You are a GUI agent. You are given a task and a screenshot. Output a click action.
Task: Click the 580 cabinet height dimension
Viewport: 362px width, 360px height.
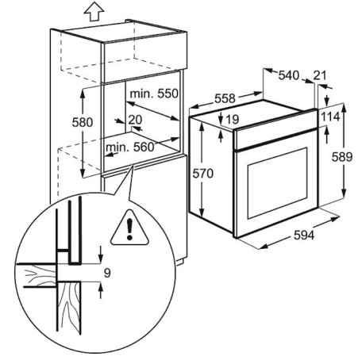pos(83,122)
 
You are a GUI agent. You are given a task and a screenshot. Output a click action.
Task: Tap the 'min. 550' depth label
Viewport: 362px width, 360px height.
pos(154,94)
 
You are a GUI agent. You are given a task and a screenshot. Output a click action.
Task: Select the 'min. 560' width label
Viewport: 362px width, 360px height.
pos(129,147)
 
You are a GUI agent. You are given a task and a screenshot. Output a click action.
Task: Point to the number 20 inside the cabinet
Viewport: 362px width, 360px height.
pos(135,120)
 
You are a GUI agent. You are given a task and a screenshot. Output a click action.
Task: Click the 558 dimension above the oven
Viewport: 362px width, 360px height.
pos(225,98)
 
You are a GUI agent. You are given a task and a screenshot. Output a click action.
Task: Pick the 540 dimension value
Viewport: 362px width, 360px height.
pos(289,75)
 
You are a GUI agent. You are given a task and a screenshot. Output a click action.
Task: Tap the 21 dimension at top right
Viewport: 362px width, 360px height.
pos(320,75)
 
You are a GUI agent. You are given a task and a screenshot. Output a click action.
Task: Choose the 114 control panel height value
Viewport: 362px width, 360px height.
pos(330,117)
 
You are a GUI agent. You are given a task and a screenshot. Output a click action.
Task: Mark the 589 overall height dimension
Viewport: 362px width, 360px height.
pos(342,157)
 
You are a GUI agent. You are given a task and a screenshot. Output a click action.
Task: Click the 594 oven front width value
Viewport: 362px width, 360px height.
pos(304,235)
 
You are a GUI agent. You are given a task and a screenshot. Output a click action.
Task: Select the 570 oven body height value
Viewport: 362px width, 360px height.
pos(202,174)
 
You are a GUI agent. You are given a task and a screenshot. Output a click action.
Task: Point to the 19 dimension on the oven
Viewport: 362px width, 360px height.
pos(233,120)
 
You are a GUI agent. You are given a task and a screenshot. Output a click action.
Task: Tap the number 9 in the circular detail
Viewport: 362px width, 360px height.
pos(107,273)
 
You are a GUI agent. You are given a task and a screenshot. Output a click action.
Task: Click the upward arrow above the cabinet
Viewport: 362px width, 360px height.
pos(94,12)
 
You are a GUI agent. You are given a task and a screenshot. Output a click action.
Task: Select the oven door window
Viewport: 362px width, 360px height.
pos(278,183)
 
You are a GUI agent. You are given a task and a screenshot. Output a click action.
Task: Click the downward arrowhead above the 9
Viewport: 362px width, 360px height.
pos(100,259)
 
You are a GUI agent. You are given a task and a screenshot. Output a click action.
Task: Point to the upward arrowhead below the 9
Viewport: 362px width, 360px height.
pos(100,286)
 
